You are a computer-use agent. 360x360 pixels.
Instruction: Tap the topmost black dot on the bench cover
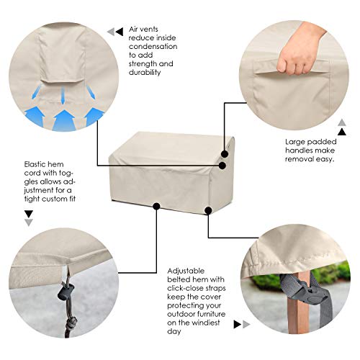(225, 153)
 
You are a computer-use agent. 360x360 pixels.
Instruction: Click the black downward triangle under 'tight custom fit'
(28, 214)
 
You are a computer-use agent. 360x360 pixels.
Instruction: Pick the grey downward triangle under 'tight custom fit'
(28, 223)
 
